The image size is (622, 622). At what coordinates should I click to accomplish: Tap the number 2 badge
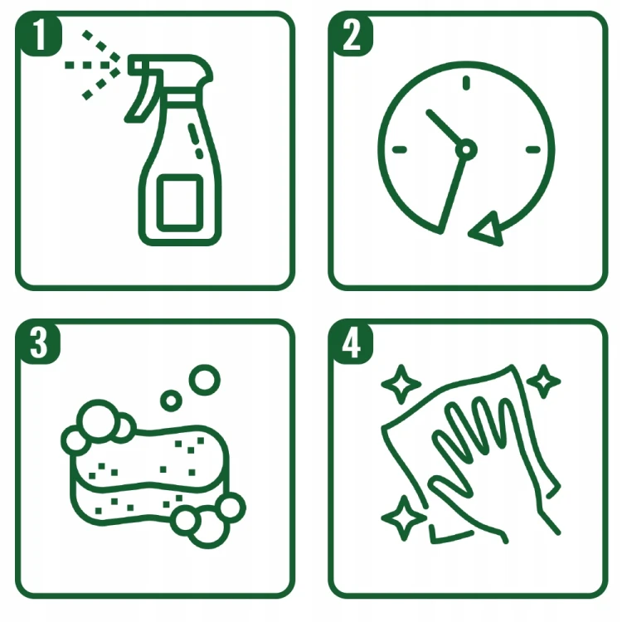click(x=351, y=34)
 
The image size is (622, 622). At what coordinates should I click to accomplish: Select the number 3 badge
click(x=38, y=342)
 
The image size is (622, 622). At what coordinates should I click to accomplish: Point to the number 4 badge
click(x=351, y=342)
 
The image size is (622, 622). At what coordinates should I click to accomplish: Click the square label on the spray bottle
click(x=180, y=202)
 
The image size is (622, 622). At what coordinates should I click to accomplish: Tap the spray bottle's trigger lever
click(x=143, y=95)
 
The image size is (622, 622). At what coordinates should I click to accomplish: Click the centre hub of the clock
click(x=466, y=149)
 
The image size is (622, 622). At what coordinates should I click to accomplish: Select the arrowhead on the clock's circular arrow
click(x=487, y=231)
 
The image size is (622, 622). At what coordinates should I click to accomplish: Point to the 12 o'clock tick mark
click(x=466, y=83)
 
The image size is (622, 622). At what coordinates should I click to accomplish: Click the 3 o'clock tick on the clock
click(x=532, y=149)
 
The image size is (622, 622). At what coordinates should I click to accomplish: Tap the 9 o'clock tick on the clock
click(x=400, y=149)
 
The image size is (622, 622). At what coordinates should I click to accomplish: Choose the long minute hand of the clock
click(x=451, y=195)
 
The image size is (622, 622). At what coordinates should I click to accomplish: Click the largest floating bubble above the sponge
click(x=205, y=380)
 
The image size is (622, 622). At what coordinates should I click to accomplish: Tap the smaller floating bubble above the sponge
click(x=171, y=401)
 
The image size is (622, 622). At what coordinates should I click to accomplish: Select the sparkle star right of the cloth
click(x=543, y=381)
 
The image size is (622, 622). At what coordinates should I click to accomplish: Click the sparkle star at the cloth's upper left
click(x=401, y=384)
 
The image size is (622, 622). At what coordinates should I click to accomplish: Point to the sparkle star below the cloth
click(x=404, y=518)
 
